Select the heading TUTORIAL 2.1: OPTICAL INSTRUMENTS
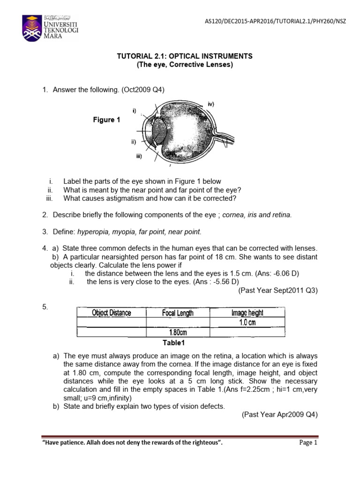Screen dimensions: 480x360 [x=184, y=56]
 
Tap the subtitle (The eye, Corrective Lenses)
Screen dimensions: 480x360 [x=184, y=65]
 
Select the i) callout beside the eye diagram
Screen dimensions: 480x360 [x=134, y=111]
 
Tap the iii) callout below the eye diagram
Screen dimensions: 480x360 [x=138, y=157]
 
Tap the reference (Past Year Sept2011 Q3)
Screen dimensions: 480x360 [x=278, y=291]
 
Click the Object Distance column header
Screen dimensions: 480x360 [x=112, y=313]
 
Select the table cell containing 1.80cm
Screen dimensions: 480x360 [x=177, y=332]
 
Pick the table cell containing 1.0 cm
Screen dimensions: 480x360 [x=245, y=322]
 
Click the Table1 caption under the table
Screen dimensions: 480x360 [x=174, y=343]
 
